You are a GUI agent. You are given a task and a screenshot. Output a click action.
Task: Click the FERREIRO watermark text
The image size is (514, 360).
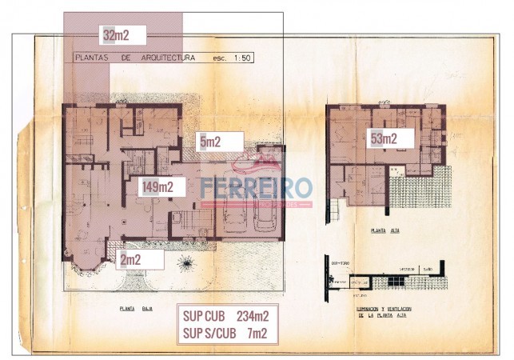pyautogui.click(x=256, y=188)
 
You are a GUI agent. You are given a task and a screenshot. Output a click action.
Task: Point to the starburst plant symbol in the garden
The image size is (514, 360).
pyautogui.click(x=186, y=262)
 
